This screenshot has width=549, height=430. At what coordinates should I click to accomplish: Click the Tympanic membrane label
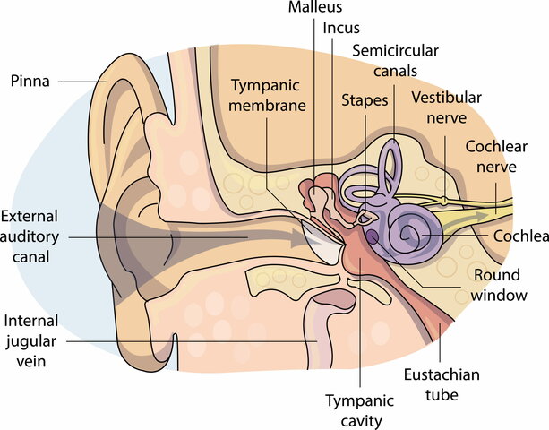[269, 95]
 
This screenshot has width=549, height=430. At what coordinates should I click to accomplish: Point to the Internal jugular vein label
[33, 340]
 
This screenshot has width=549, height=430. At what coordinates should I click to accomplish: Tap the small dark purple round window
[370, 236]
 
